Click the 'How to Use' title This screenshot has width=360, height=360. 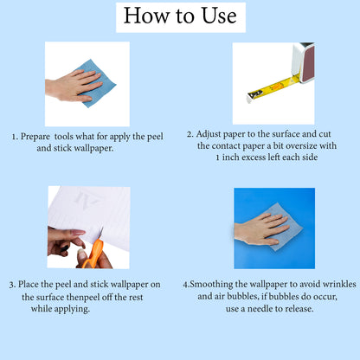[x=180, y=16]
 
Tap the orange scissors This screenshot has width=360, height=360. [x=93, y=250]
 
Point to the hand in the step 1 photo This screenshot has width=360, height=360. [x=74, y=86]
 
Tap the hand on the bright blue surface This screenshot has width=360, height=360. [x=261, y=229]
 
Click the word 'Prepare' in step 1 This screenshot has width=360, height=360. [x=35, y=137]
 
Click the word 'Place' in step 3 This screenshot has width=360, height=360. [x=29, y=284]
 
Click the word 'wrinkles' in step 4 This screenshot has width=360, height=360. [x=339, y=284]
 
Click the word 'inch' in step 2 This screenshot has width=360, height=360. [x=230, y=157]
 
